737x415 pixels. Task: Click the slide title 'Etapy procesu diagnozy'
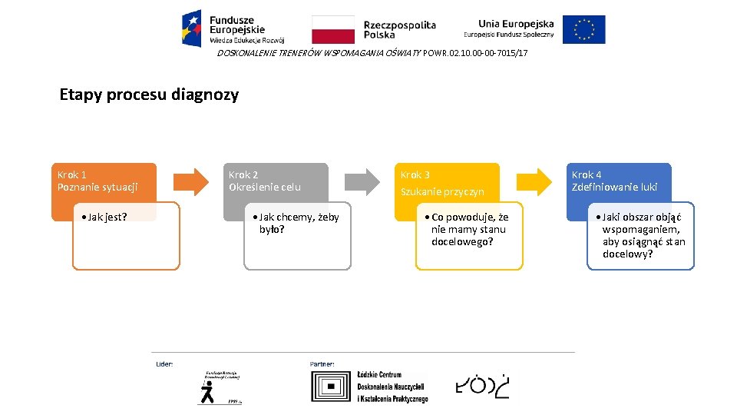click(149, 95)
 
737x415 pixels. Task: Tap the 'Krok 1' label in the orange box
click(72, 175)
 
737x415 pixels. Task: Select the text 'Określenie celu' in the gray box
click(265, 188)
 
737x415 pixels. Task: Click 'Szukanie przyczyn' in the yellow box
click(442, 191)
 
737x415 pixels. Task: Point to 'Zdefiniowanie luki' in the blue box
click(614, 188)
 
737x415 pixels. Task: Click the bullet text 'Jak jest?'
click(106, 217)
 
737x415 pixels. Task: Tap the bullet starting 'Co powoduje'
click(468, 229)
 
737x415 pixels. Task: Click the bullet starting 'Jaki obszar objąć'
click(642, 235)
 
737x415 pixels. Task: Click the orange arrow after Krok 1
click(190, 181)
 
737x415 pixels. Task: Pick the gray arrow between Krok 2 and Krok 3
click(362, 181)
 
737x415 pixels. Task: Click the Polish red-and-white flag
click(332, 29)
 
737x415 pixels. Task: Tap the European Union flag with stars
click(583, 29)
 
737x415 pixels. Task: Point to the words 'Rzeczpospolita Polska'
click(399, 30)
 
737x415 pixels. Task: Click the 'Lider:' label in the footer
click(164, 363)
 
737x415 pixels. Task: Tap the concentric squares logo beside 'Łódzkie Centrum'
click(332, 387)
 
